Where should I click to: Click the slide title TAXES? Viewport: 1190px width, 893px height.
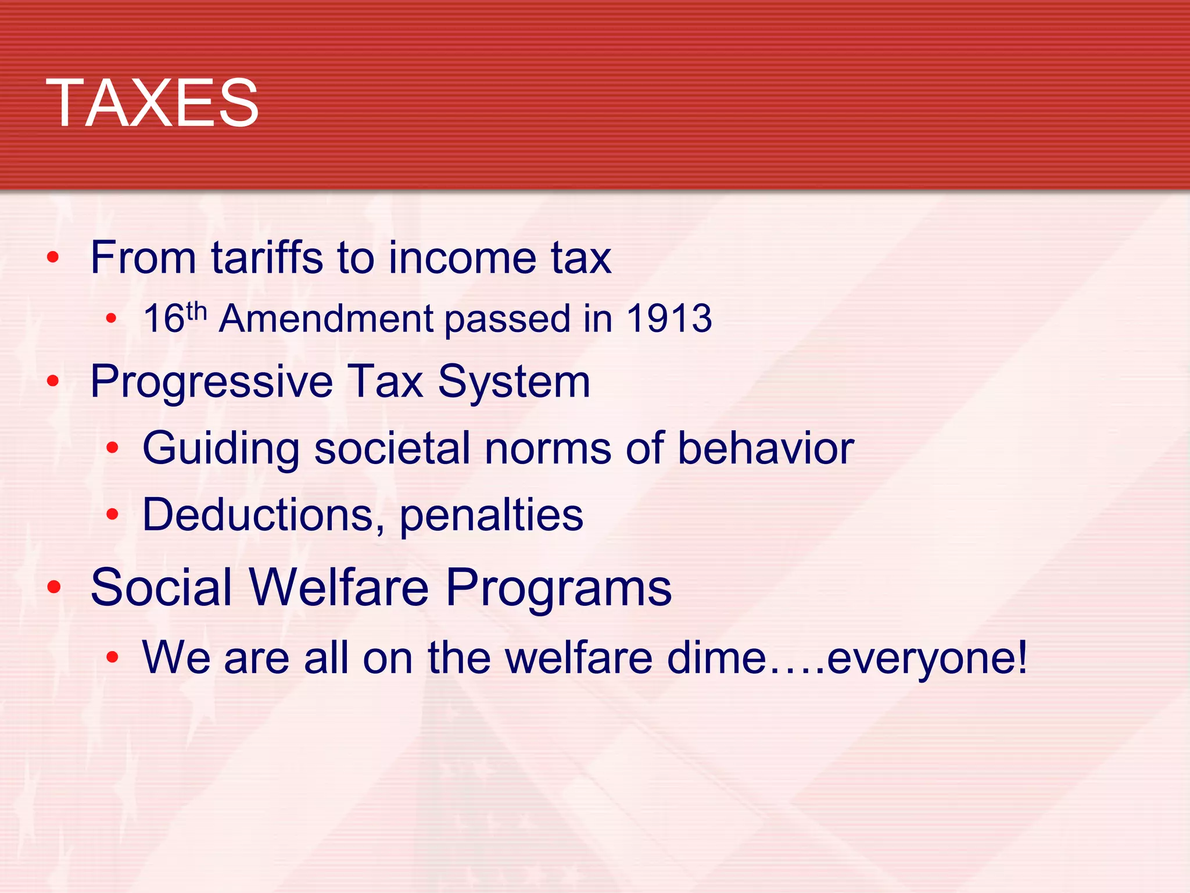point(152,103)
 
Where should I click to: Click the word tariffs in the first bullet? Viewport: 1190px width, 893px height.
point(267,258)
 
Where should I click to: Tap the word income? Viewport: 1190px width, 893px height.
point(463,258)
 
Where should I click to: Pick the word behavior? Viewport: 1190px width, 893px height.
point(766,448)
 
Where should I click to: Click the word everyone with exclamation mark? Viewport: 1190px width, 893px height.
point(927,659)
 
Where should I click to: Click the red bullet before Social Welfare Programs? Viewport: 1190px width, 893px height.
point(54,587)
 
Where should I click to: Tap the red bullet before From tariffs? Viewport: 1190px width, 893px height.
point(53,257)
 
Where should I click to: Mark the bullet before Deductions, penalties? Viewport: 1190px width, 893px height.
point(112,514)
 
